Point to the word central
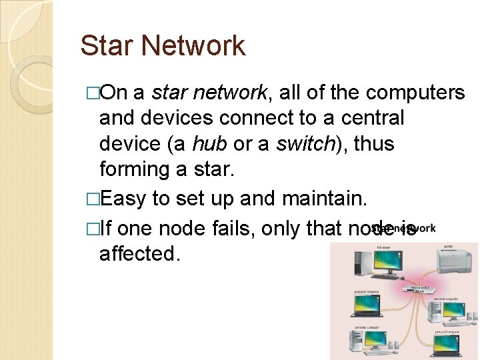tap(373, 119)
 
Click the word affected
tap(139, 254)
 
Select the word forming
tap(134, 169)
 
